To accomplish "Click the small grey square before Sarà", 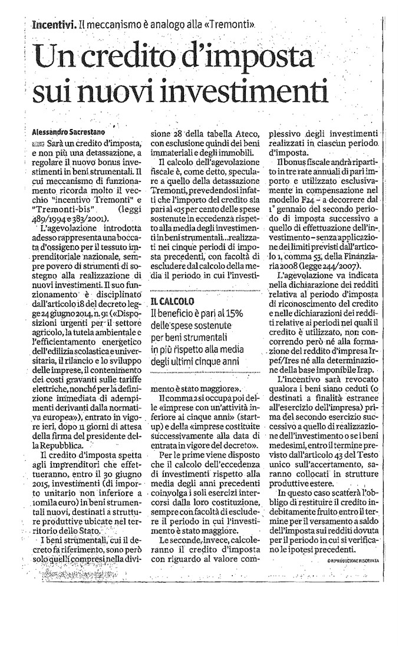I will point(39,144).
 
